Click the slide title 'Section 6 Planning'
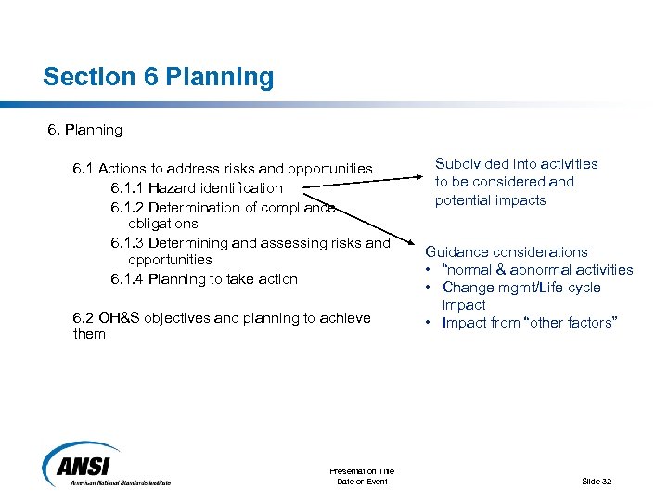158,77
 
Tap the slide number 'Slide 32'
596,481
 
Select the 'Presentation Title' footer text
362,471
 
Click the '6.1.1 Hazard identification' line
196,187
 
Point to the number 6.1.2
127,207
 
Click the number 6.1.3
127,243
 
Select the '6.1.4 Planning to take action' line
204,278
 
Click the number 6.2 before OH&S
83,318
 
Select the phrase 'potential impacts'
491,200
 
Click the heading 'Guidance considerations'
507,251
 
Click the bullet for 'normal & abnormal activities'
430,270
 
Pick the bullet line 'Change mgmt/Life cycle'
521,288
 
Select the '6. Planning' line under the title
84,130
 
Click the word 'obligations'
163,224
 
